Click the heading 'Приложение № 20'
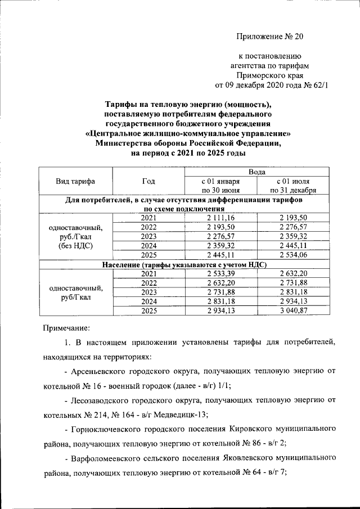(x=269, y=37)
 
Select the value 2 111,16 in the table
(x=220, y=218)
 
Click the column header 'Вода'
(x=256, y=171)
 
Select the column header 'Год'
(x=148, y=181)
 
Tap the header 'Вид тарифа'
(x=75, y=181)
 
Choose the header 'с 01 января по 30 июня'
(x=220, y=186)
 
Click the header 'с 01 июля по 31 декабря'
(x=292, y=186)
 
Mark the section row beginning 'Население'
(x=184, y=264)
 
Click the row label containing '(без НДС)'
(x=75, y=246)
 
